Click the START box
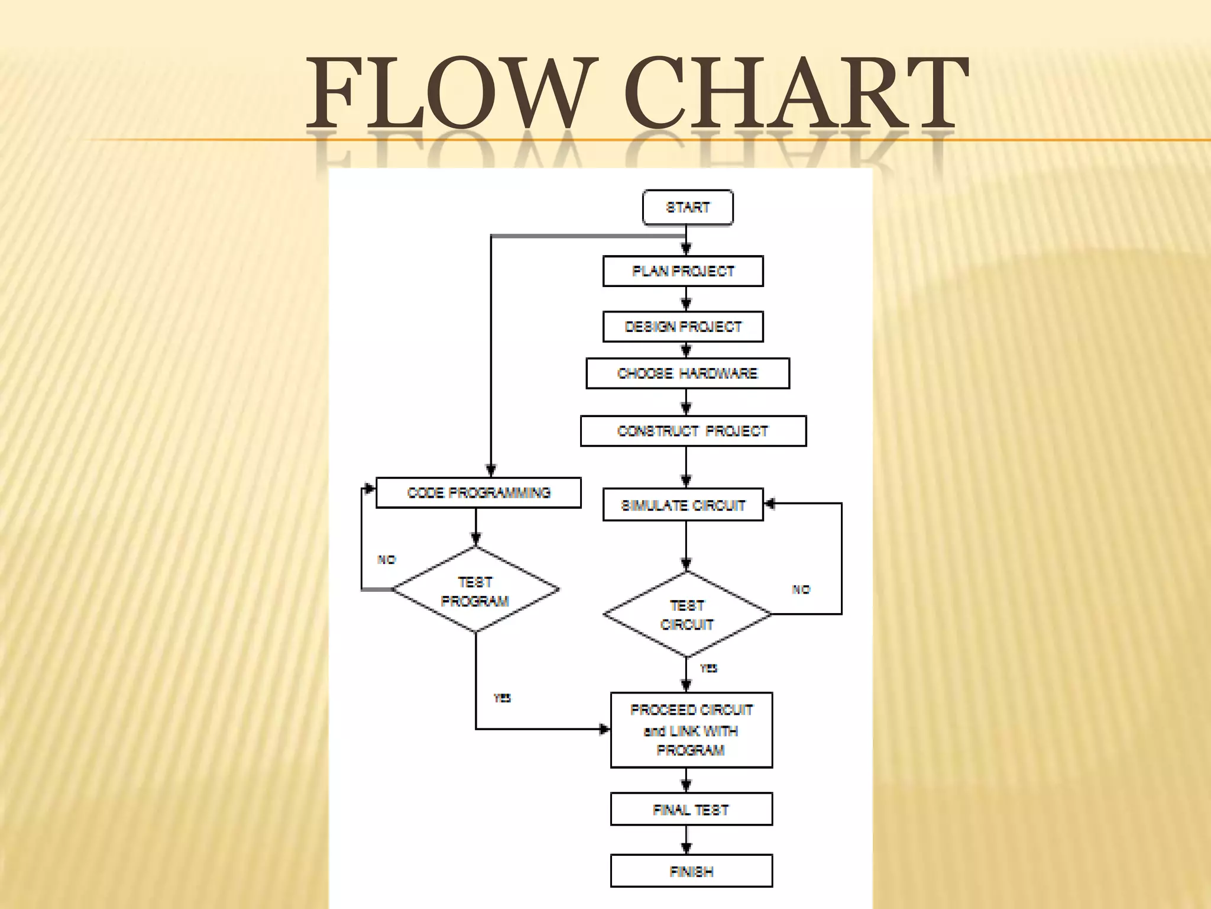click(x=688, y=208)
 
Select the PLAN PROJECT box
click(x=683, y=271)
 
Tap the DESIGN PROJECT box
click(x=683, y=327)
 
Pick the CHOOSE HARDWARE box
click(x=688, y=373)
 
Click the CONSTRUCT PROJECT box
click(x=693, y=431)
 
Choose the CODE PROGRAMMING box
click(x=478, y=493)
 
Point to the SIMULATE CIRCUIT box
click(x=683, y=505)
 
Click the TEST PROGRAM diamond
click(x=475, y=591)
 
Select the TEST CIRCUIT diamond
click(x=687, y=615)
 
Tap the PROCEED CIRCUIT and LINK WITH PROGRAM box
click(x=691, y=730)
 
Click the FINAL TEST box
click(x=691, y=810)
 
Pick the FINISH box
click(x=691, y=871)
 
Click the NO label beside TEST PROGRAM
click(x=387, y=560)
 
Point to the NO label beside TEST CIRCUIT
click(x=801, y=589)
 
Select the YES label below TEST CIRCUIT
click(x=708, y=669)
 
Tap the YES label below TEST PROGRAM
click(x=502, y=698)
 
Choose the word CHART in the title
click(x=796, y=93)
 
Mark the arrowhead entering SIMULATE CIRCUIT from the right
click(x=770, y=504)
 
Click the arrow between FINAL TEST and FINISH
click(x=687, y=840)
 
